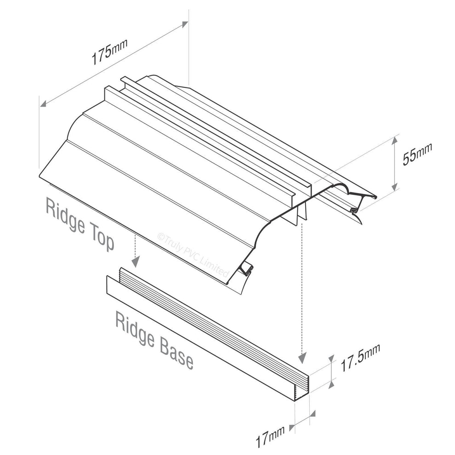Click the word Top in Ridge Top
[100, 239]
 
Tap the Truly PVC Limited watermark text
[193, 254]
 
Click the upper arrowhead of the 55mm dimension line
[394, 139]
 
